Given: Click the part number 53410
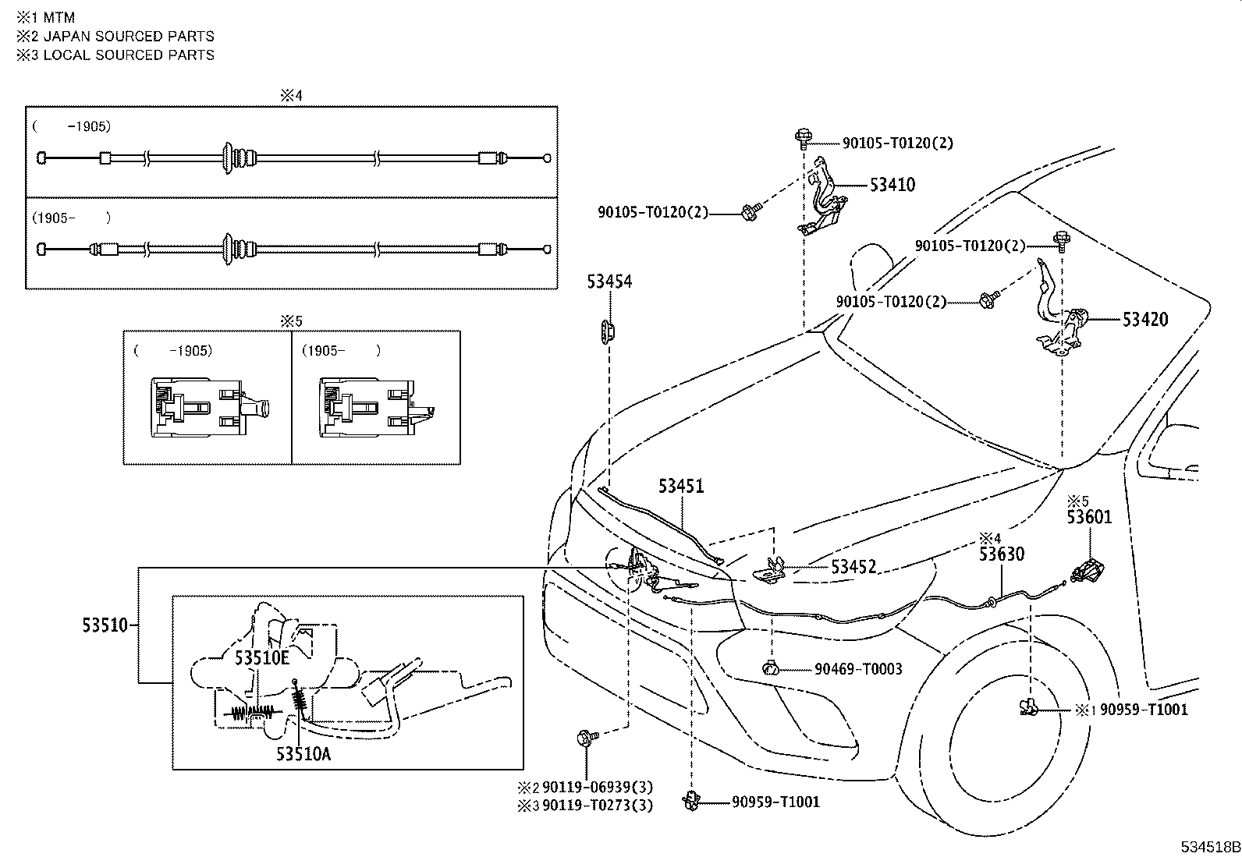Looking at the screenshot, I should pyautogui.click(x=892, y=185).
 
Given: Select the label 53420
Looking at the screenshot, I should pyautogui.click(x=1145, y=319).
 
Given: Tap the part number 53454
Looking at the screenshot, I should pyautogui.click(x=609, y=282).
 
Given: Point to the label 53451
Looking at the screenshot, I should pyautogui.click(x=680, y=486).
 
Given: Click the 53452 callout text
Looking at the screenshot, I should pyautogui.click(x=853, y=567).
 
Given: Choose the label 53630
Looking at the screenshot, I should pyautogui.click(x=1002, y=554).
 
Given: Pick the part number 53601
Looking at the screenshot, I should pyautogui.click(x=1089, y=517).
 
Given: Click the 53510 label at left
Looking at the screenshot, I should pyautogui.click(x=105, y=625).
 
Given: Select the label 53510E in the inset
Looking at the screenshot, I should pyautogui.click(x=262, y=658).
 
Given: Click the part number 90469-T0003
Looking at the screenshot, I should pyautogui.click(x=858, y=669).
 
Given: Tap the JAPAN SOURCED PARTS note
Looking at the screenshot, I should pyautogui.click(x=128, y=36).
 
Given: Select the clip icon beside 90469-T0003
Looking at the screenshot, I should pyautogui.click(x=772, y=668).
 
